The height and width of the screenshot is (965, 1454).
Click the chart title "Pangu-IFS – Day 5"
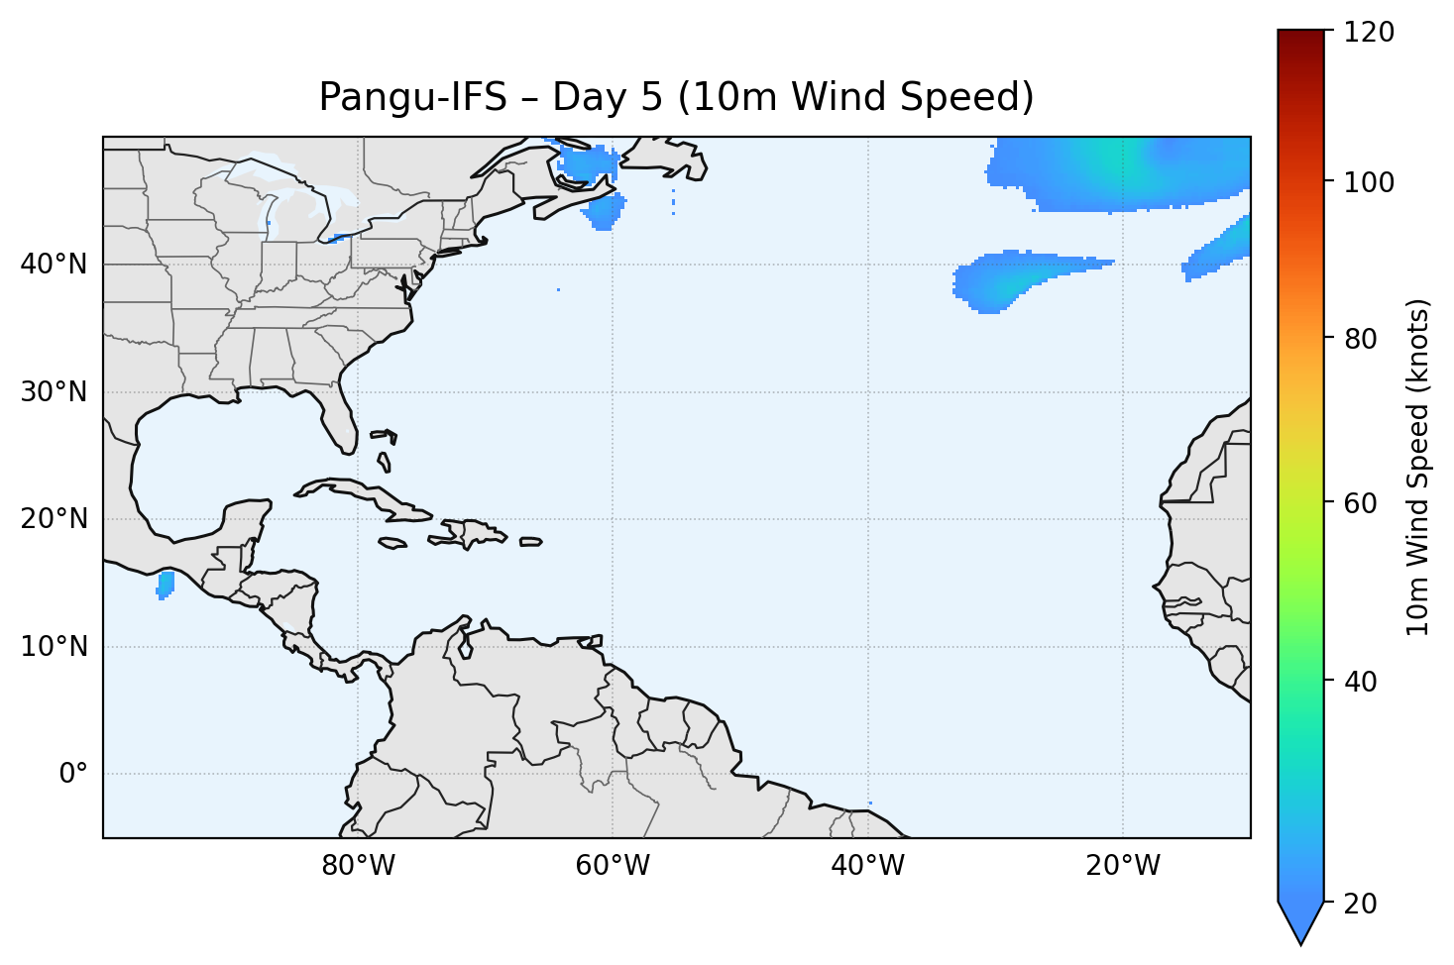[676, 97]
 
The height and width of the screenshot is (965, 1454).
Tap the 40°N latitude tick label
[54, 265]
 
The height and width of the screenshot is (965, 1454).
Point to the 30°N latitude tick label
[54, 392]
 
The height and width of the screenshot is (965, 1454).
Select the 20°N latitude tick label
[54, 519]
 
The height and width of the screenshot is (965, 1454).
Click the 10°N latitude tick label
[54, 647]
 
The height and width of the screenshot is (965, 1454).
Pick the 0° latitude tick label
[73, 774]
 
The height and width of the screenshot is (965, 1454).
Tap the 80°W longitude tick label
[358, 866]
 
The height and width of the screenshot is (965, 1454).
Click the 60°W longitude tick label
[613, 866]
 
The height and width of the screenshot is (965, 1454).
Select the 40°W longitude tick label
[867, 866]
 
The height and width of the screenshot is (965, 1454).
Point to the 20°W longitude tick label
[1122, 866]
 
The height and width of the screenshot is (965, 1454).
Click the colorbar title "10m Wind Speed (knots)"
[1418, 468]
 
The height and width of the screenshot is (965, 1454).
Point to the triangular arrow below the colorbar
[1301, 921]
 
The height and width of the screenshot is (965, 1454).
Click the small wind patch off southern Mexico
[166, 585]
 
